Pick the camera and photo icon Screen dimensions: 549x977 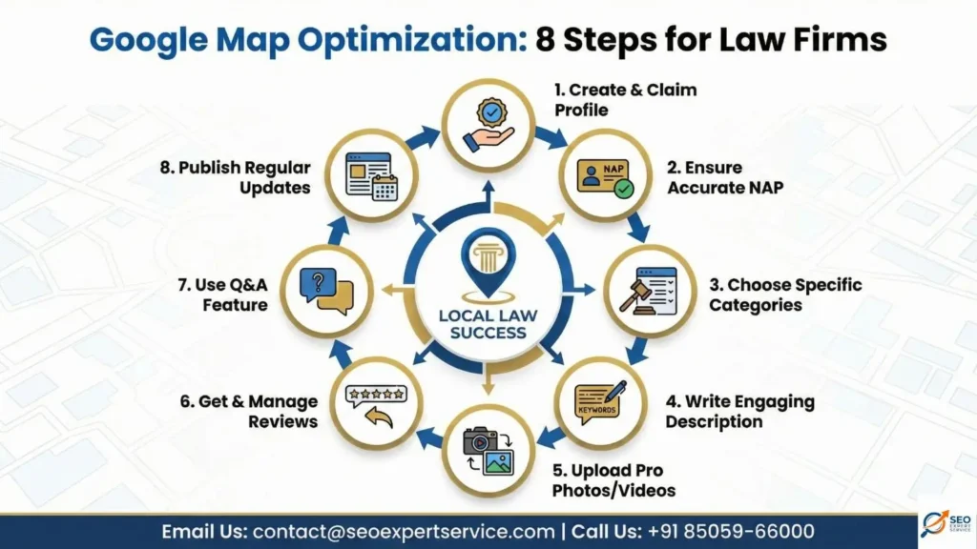click(488, 450)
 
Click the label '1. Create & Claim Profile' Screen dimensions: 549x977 click(625, 99)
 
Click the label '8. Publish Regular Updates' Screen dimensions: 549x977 click(236, 178)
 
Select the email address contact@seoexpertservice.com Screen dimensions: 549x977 click(404, 531)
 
